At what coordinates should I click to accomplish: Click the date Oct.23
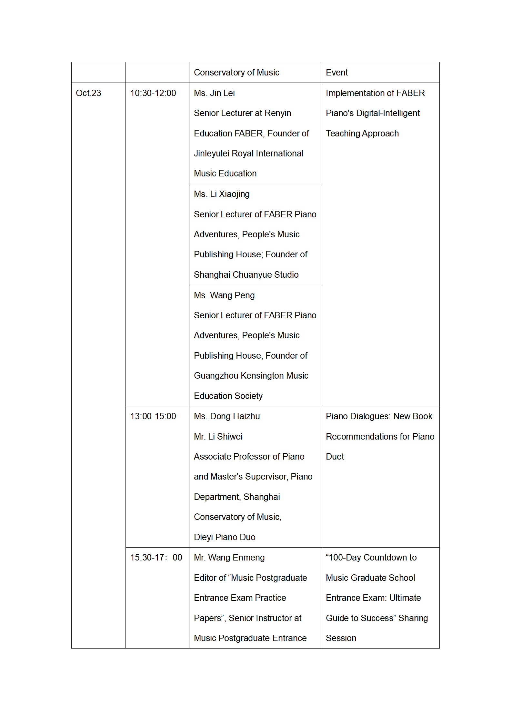(88, 93)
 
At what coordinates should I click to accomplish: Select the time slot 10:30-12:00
(153, 93)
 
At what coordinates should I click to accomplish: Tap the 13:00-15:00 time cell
(153, 416)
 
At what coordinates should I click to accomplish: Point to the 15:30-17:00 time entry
(156, 558)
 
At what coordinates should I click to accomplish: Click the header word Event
(337, 73)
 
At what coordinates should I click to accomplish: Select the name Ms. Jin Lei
(214, 93)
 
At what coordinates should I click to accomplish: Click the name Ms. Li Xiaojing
(222, 194)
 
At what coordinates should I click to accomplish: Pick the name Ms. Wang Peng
(224, 295)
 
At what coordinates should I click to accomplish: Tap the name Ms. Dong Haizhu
(227, 416)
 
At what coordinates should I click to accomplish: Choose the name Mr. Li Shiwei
(218, 437)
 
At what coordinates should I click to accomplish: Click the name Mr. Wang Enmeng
(229, 558)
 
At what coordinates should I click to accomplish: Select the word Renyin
(277, 113)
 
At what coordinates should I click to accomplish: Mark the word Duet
(335, 457)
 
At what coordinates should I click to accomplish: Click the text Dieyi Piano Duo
(225, 537)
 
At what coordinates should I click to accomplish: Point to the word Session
(341, 638)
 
